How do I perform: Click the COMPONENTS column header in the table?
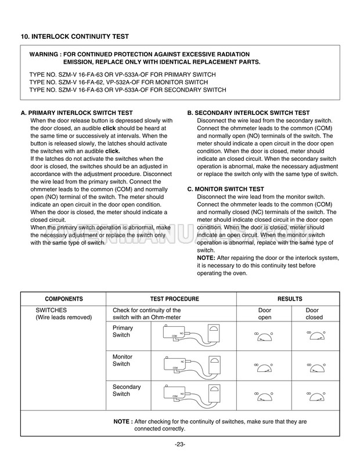64,299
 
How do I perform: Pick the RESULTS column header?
289,299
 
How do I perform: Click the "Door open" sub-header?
265,314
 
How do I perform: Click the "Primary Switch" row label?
122,331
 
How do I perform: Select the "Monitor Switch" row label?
122,360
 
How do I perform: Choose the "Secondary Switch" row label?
124,390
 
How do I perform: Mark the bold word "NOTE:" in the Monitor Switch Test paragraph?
207,257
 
